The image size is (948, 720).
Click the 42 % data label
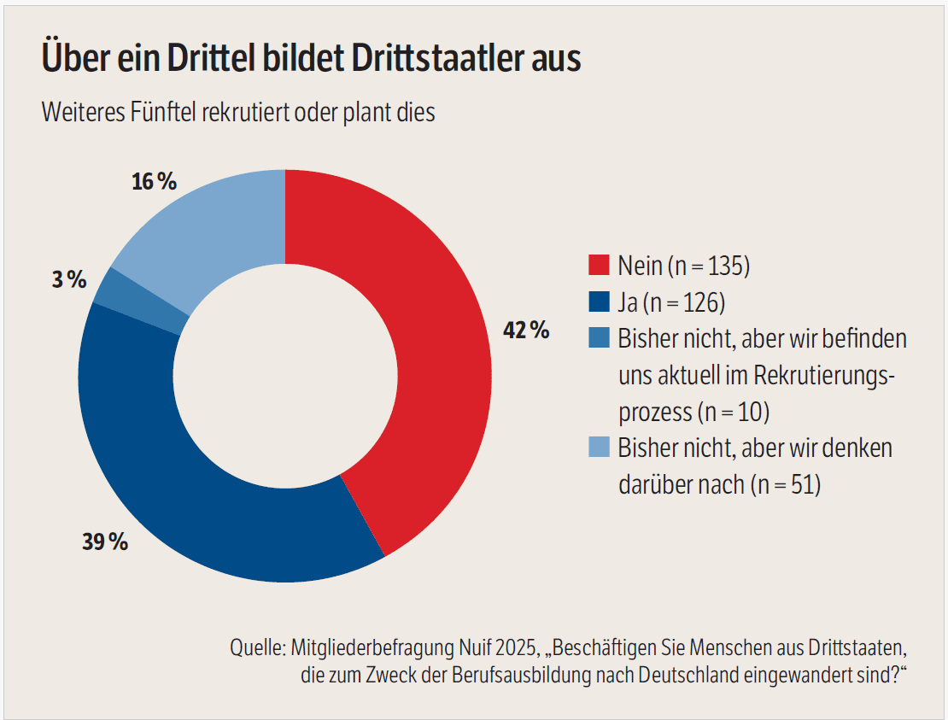(526, 330)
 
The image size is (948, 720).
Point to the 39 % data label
(105, 541)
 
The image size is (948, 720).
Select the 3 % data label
(69, 280)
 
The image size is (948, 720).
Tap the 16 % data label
(155, 181)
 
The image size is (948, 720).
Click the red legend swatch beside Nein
(600, 266)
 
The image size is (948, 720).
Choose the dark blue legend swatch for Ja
(600, 301)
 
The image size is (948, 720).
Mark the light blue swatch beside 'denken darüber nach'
(600, 447)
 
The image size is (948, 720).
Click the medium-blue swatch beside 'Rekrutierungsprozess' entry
(600, 338)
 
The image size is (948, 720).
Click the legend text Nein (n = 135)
(684, 266)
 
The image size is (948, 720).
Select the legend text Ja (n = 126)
(671, 302)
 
